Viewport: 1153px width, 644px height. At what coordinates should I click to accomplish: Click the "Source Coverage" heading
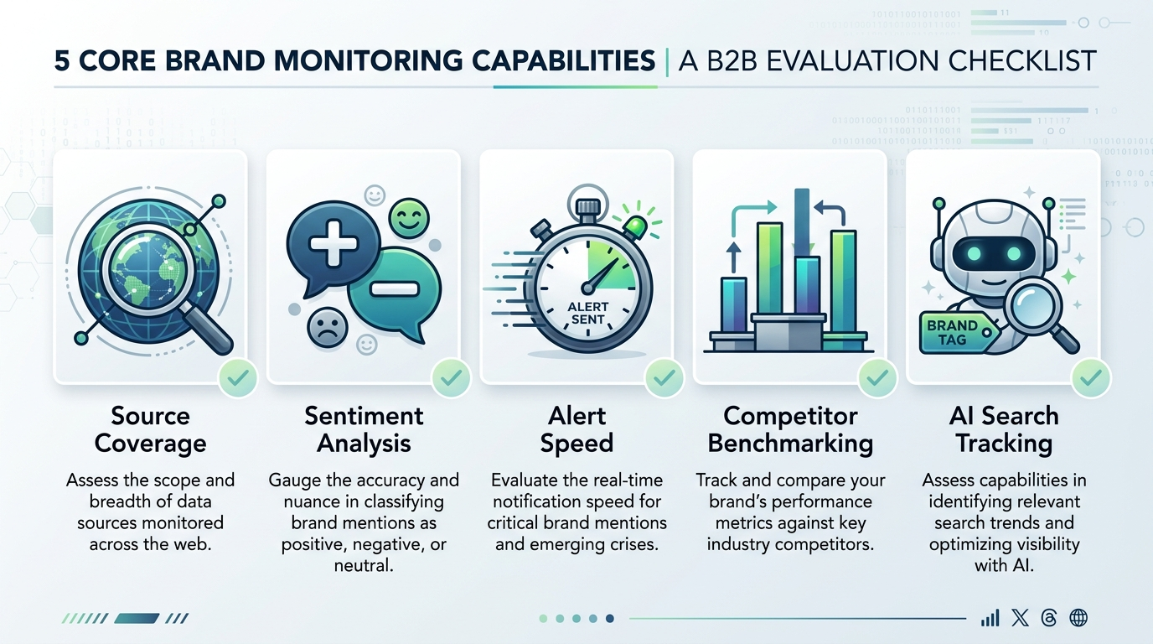click(x=150, y=429)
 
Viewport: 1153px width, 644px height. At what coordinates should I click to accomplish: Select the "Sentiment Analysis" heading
click(x=364, y=429)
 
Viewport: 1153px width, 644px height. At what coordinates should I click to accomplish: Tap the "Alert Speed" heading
click(x=576, y=429)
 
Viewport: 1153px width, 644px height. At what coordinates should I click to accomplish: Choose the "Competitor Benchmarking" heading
click(x=790, y=429)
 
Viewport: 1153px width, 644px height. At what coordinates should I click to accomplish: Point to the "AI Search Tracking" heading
click(x=1003, y=429)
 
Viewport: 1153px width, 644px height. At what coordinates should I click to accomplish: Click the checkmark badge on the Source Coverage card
click(x=238, y=379)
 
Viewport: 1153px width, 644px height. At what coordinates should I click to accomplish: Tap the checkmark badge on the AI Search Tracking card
click(x=1091, y=379)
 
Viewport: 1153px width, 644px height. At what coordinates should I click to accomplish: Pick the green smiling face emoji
click(x=409, y=219)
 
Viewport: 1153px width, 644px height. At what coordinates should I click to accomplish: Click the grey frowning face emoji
click(x=327, y=327)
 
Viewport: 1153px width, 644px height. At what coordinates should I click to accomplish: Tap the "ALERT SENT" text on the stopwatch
click(x=588, y=313)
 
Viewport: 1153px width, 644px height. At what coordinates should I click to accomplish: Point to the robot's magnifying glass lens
click(x=1033, y=309)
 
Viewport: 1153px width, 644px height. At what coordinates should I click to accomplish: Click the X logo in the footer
click(x=1020, y=618)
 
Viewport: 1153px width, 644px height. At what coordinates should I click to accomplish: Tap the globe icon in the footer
click(x=1079, y=618)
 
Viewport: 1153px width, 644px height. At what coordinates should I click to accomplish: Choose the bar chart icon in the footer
click(x=990, y=618)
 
